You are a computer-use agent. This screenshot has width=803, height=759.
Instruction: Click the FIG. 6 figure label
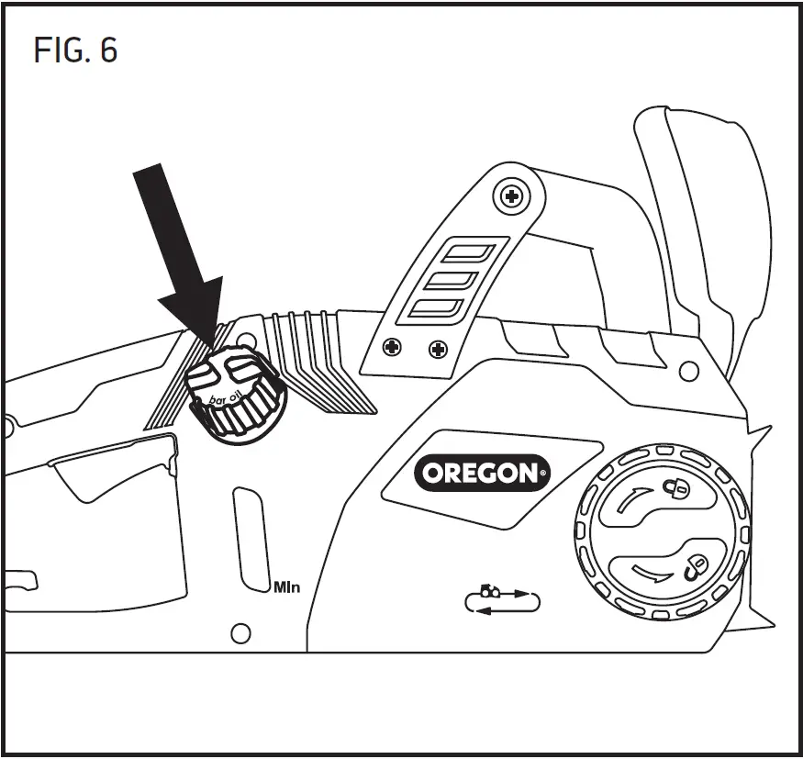click(x=75, y=50)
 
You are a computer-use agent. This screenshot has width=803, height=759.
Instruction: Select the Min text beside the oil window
click(x=287, y=586)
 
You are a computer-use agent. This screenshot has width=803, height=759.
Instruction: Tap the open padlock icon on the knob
click(x=695, y=566)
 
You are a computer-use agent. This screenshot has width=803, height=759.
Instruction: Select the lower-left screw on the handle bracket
click(x=393, y=348)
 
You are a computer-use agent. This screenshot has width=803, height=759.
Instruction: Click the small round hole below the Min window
click(x=240, y=632)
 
